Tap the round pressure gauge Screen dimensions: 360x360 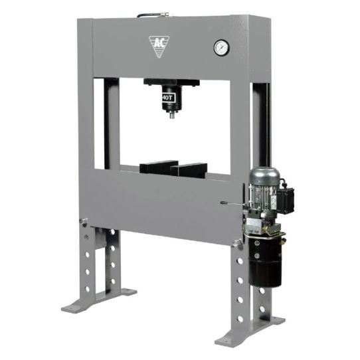pyautogui.click(x=222, y=48)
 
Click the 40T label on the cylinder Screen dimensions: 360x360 pyautogui.click(x=167, y=98)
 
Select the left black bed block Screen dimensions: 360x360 pyautogui.click(x=159, y=167)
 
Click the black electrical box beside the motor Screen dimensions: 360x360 pyautogui.click(x=285, y=199)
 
